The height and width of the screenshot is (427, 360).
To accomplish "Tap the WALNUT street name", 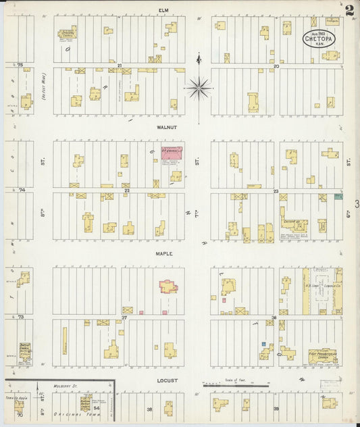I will click(x=167, y=127).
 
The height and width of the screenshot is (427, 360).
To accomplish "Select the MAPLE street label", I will click(x=165, y=254).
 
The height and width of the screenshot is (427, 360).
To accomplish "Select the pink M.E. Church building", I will click(x=172, y=153).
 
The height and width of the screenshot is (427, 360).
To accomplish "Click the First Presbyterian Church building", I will click(x=322, y=355).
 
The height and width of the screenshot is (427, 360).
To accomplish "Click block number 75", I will click(x=20, y=65).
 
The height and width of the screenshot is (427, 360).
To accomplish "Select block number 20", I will click(x=276, y=66).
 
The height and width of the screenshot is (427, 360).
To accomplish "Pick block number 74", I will click(x=21, y=191).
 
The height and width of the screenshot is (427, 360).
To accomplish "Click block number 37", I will click(x=124, y=317).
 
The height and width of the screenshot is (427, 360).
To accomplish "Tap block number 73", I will click(x=21, y=316).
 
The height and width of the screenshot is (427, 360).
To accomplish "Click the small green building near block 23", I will click(x=339, y=197).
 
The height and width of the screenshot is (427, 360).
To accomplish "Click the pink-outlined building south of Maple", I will click(x=168, y=286).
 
